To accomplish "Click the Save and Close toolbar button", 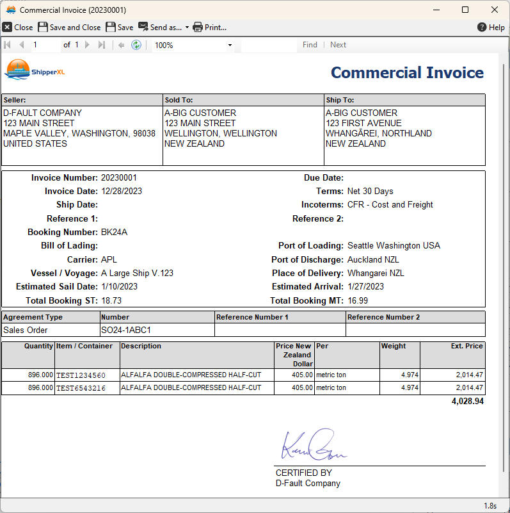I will pyautogui.click(x=69, y=27).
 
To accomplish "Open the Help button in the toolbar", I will pyautogui.click(x=491, y=27).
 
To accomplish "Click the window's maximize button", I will pyautogui.click(x=465, y=10).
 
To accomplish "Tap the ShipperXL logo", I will pyautogui.click(x=35, y=70).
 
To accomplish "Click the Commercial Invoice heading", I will pyautogui.click(x=407, y=72).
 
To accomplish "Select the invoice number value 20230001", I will pyautogui.click(x=119, y=177).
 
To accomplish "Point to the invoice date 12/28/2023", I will pyautogui.click(x=122, y=191).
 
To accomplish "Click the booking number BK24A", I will pyautogui.click(x=114, y=232).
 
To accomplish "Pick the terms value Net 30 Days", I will pyautogui.click(x=370, y=191).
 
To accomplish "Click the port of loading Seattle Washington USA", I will pyautogui.click(x=394, y=245).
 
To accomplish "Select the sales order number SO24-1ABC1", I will pyautogui.click(x=126, y=330).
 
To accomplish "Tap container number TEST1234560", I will pyautogui.click(x=81, y=375).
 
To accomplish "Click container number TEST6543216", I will pyautogui.click(x=81, y=388).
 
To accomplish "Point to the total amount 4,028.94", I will pyautogui.click(x=467, y=402).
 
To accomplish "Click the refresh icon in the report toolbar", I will pyautogui.click(x=136, y=45).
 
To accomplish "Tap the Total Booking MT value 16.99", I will pyautogui.click(x=358, y=300).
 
